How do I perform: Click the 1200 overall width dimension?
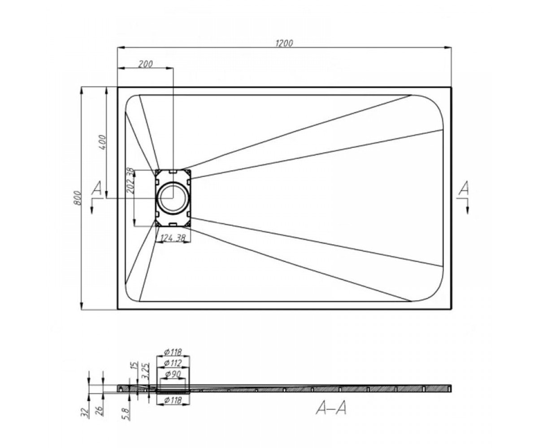coord(284,43)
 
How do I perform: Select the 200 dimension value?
coord(146,64)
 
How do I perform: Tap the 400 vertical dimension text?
coord(102,142)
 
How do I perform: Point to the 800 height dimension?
coord(78,198)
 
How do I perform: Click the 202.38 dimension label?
coord(130,181)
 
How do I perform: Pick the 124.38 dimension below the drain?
coord(173,238)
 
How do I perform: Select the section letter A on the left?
coord(97,188)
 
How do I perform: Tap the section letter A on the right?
coord(464,188)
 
